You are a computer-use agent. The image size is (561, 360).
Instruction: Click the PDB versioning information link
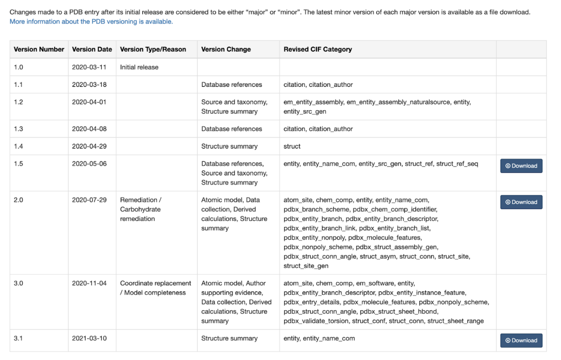[x=91, y=22]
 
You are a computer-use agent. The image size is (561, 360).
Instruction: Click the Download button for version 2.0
[x=521, y=202]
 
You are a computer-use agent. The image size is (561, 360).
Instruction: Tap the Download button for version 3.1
[x=521, y=340]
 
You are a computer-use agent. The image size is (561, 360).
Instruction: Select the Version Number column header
[x=39, y=49]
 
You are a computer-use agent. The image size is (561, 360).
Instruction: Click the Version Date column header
[x=92, y=49]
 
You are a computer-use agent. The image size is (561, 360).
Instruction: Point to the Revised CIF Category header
[x=317, y=49]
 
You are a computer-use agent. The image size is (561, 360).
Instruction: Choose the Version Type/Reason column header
[x=153, y=49]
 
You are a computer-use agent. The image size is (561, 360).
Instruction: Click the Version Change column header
[x=226, y=49]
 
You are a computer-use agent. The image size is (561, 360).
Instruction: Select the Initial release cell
[x=139, y=67]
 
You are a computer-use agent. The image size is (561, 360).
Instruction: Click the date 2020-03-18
[x=89, y=85]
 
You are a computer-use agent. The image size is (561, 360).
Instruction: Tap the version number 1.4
[x=18, y=146]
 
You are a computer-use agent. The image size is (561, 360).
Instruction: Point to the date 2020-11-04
[x=89, y=283]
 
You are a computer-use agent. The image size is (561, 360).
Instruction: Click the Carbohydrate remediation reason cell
[x=140, y=209]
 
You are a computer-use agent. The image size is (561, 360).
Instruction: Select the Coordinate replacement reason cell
[x=155, y=288]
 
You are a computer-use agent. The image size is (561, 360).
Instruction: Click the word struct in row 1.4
[x=292, y=146]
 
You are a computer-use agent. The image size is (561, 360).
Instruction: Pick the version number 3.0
[x=18, y=283]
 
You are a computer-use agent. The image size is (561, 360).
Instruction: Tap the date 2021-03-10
[x=89, y=338]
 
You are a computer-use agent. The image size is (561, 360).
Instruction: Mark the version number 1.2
[x=18, y=102]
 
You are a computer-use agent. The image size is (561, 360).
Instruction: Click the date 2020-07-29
[x=89, y=200]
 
